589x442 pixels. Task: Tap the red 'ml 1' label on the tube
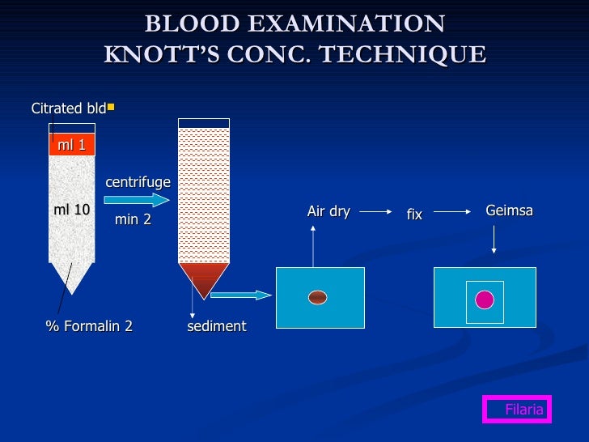[71, 145]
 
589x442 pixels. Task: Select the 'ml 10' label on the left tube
[71, 210]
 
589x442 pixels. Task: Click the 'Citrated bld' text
[68, 108]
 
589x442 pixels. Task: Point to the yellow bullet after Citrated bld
[111, 106]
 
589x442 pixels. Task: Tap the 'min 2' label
[133, 219]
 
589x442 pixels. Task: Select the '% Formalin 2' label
[89, 326]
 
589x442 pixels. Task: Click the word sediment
[216, 326]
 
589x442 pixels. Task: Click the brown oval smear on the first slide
[318, 297]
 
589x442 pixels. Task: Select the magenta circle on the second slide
[485, 300]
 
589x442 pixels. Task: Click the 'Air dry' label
[328, 212]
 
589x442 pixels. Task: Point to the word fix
[414, 215]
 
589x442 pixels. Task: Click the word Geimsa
[509, 211]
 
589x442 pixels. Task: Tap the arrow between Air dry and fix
[376, 212]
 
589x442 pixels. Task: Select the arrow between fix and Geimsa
[453, 212]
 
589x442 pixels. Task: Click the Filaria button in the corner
[517, 410]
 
